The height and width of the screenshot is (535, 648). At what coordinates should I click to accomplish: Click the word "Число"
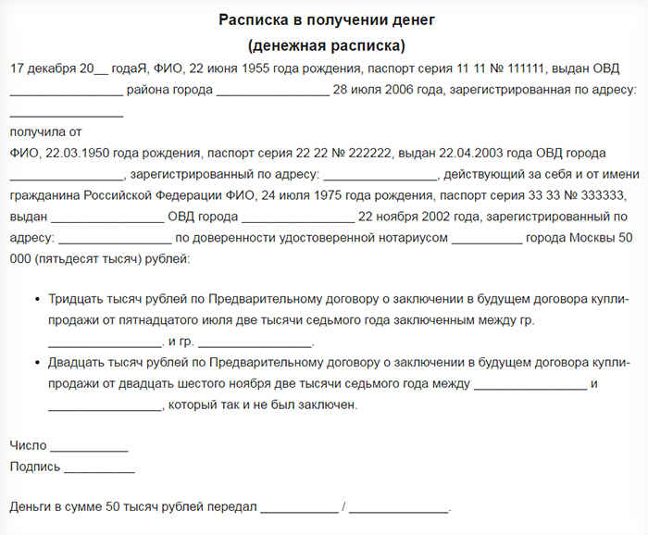click(x=28, y=446)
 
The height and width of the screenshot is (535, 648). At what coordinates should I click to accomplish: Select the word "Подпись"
click(x=35, y=467)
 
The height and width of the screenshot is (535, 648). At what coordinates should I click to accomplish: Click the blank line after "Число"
click(x=89, y=448)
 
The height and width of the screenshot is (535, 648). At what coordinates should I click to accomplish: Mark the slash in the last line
click(x=343, y=507)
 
